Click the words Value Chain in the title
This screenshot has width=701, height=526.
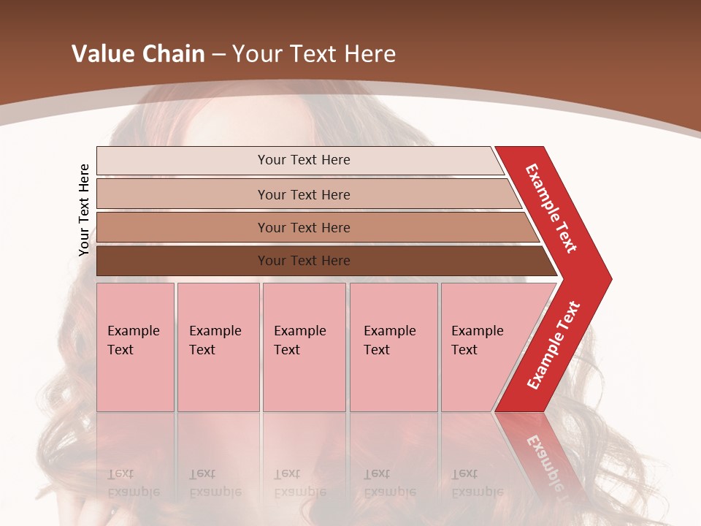click(x=138, y=54)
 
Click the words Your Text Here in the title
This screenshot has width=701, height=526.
click(x=314, y=54)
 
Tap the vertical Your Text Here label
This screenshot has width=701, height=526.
click(x=84, y=210)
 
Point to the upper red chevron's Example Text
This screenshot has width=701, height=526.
click(x=551, y=208)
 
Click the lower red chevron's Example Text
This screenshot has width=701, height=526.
click(x=553, y=346)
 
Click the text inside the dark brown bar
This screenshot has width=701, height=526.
click(x=304, y=261)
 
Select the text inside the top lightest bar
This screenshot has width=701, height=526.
click(x=304, y=160)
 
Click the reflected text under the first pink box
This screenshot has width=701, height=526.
click(x=133, y=483)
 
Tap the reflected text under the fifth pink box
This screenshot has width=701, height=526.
click(x=477, y=483)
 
